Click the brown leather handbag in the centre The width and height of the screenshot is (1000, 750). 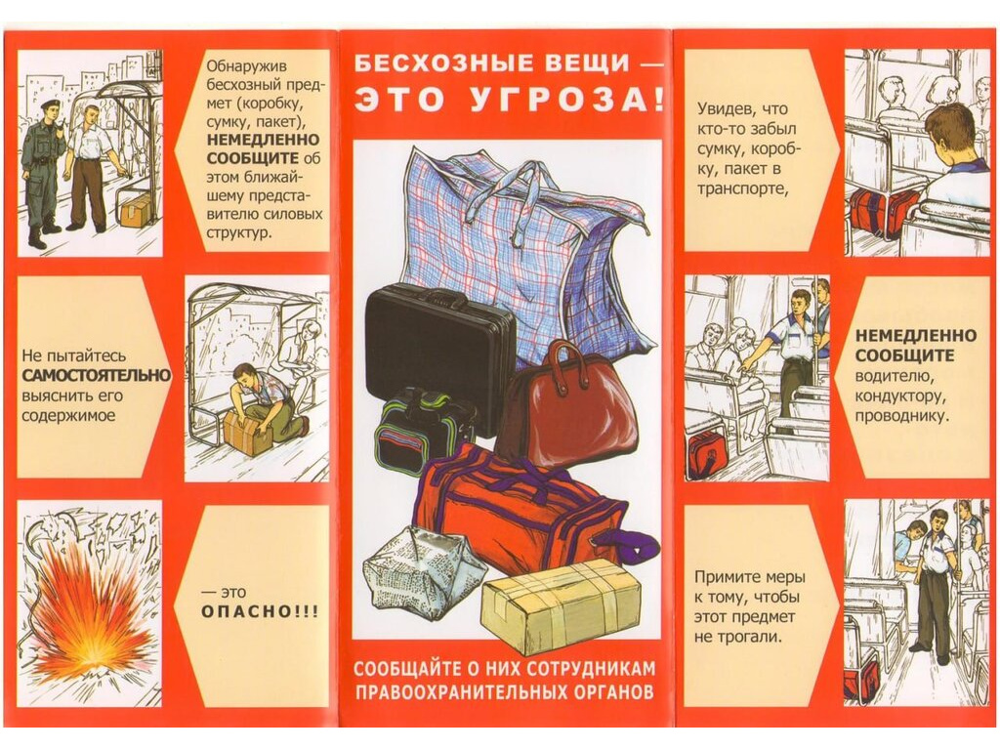(x=566, y=404)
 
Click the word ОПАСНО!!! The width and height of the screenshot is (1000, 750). (x=260, y=611)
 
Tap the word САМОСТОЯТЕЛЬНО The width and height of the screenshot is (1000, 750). (x=97, y=375)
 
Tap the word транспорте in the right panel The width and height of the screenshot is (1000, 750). (x=738, y=189)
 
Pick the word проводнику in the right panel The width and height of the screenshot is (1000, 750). (x=901, y=416)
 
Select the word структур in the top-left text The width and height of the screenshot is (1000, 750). (x=239, y=232)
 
